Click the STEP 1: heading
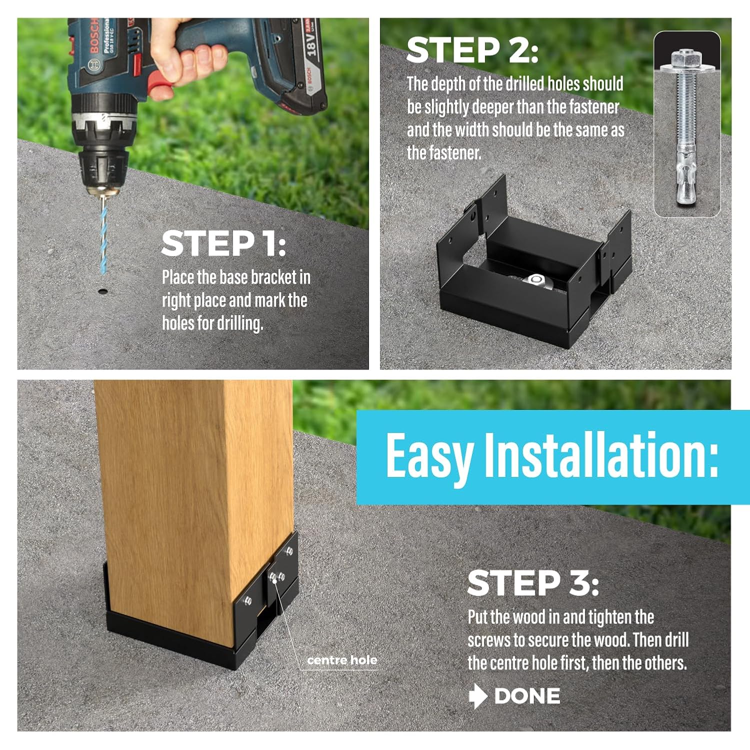click(223, 243)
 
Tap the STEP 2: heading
click(472, 50)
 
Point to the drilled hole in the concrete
click(103, 291)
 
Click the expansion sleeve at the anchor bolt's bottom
click(686, 175)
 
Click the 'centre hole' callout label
click(342, 660)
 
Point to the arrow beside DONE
click(478, 696)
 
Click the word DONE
click(527, 696)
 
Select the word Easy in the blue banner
click(429, 456)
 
